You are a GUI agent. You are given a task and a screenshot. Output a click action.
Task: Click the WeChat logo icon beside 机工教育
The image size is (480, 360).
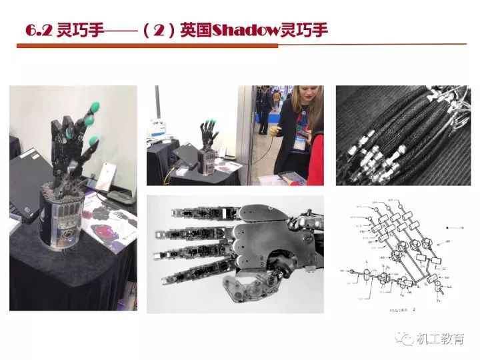click(x=405, y=339)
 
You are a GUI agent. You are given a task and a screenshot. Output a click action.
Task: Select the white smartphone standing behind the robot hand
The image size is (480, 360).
click(x=105, y=175)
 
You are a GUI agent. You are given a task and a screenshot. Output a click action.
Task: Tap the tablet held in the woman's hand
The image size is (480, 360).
click(x=291, y=176)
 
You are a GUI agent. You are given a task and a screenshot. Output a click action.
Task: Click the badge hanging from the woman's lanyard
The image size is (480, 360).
click(x=301, y=141)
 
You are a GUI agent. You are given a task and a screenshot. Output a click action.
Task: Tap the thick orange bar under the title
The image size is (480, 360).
click(x=147, y=46)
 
